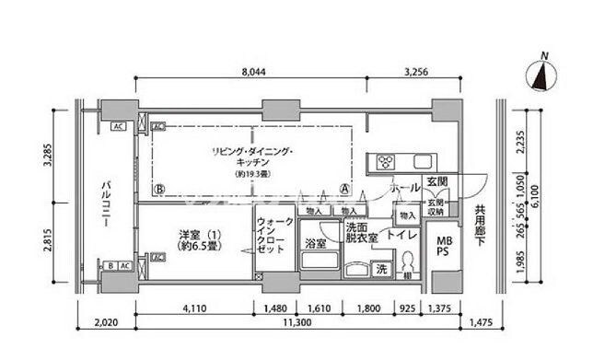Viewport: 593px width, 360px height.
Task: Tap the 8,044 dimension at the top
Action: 256,69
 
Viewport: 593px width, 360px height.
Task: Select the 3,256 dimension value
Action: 419,69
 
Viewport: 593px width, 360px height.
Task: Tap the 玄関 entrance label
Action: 437,181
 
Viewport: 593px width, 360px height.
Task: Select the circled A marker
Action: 344,190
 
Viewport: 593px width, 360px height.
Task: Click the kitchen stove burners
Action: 381,164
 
